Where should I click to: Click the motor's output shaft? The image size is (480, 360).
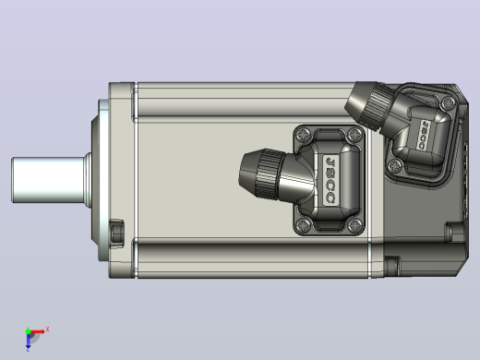point(49,180)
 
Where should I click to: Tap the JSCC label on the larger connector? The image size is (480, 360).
point(330,180)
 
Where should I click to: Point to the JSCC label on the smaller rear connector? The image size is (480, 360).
point(424,135)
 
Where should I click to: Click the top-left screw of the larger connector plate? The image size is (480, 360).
point(303,134)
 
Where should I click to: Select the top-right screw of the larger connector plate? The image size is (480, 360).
point(354,134)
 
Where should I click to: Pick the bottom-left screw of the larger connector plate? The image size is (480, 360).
point(303,225)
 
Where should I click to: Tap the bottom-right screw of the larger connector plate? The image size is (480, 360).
point(354,225)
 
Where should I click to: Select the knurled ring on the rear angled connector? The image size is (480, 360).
point(377,106)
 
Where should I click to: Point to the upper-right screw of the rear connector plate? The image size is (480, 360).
point(449,102)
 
